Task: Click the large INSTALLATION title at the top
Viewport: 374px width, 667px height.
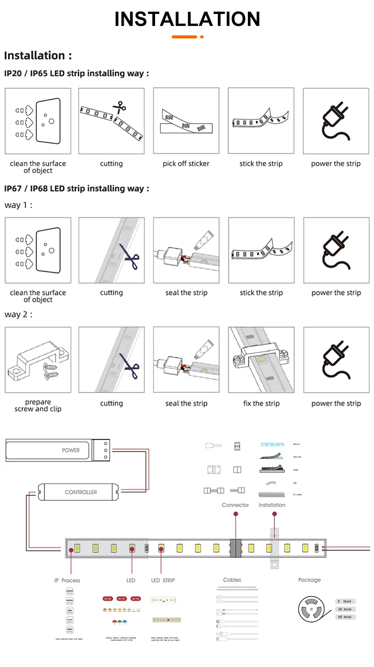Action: (x=187, y=19)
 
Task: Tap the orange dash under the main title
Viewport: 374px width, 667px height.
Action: (x=185, y=37)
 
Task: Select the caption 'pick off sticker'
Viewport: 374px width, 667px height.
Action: (x=186, y=164)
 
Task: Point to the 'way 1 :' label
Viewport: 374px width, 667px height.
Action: (x=18, y=205)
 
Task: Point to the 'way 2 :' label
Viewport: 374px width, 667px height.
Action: (x=18, y=314)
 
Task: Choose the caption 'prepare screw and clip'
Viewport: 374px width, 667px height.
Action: (x=38, y=406)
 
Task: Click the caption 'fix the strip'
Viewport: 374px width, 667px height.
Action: (x=261, y=403)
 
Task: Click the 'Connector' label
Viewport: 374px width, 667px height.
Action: (x=235, y=505)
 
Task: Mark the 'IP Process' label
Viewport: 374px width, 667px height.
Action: (x=67, y=580)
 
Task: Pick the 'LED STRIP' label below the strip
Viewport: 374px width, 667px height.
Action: (x=163, y=580)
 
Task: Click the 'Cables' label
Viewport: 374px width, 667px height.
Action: (x=232, y=580)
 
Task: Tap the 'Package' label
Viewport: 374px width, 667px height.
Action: (x=309, y=580)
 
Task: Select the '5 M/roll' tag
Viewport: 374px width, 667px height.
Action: (x=346, y=601)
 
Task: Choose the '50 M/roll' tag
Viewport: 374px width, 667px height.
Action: (x=346, y=617)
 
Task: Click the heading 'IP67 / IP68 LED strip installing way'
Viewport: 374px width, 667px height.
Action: (x=76, y=189)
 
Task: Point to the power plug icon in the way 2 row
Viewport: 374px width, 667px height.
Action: (x=336, y=360)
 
